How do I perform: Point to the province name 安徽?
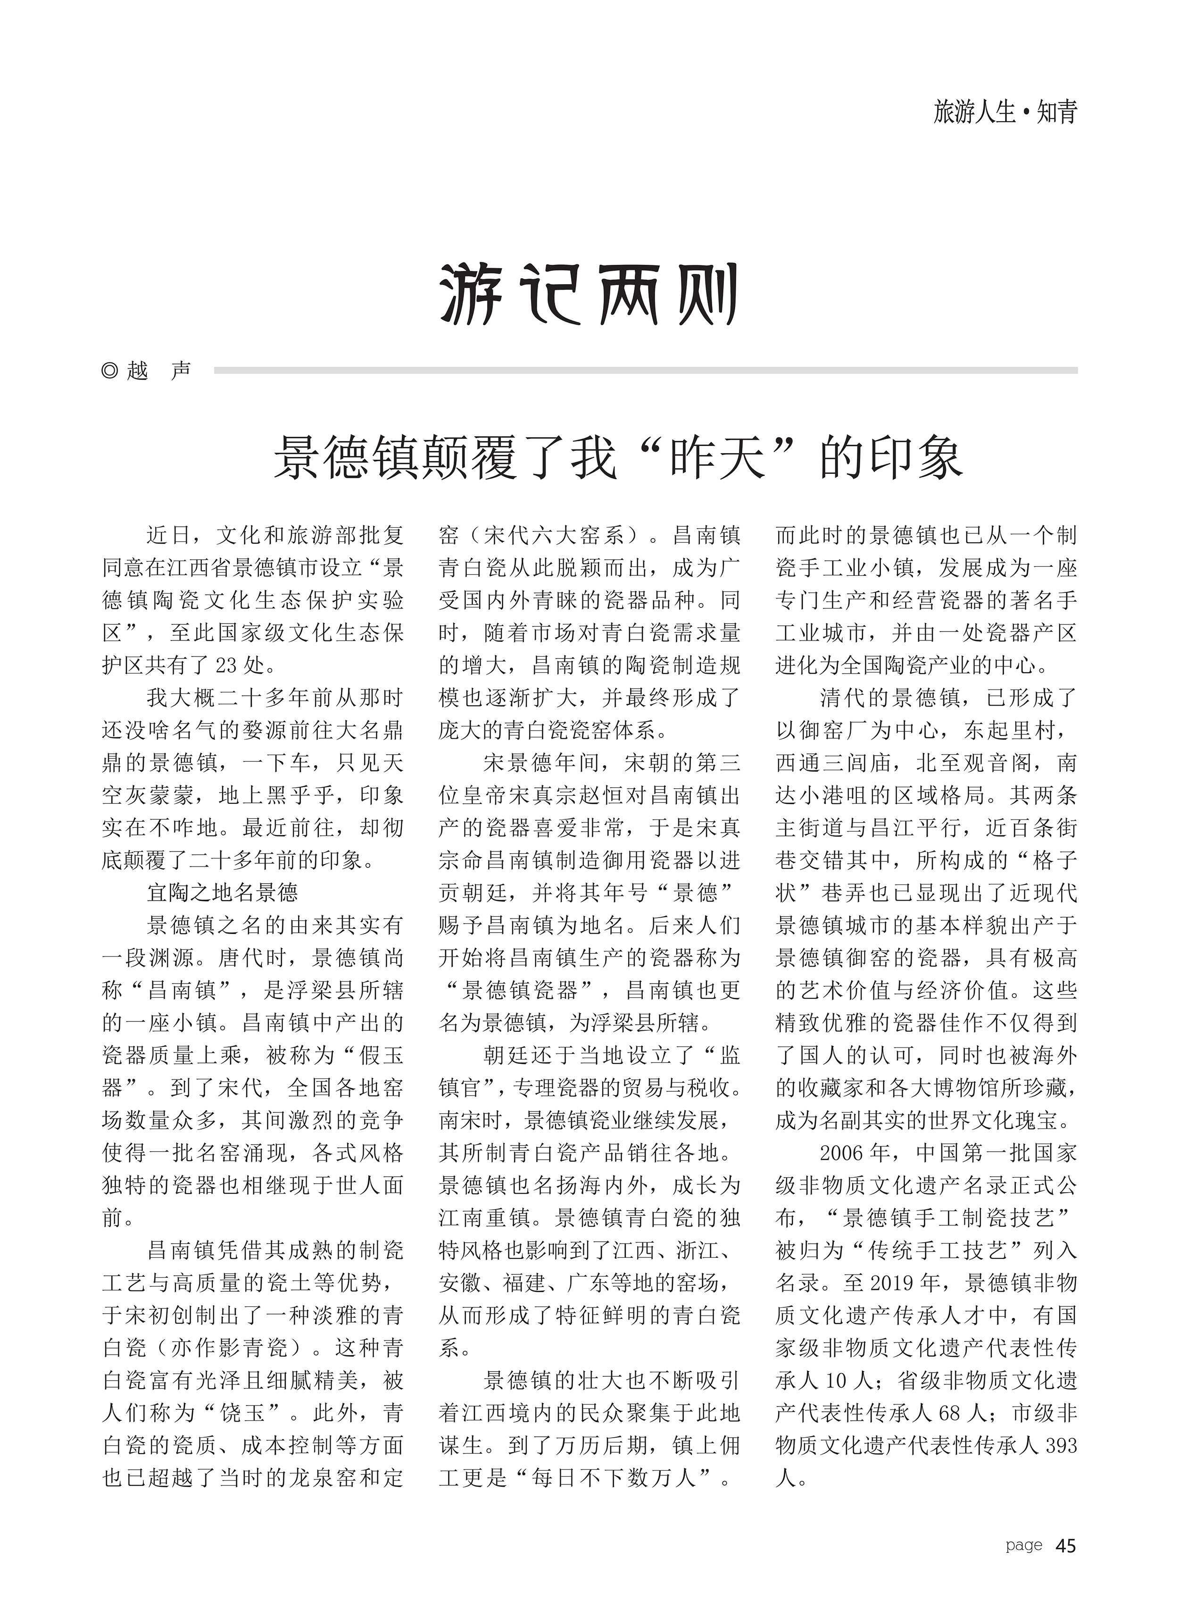pos(462,1282)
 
